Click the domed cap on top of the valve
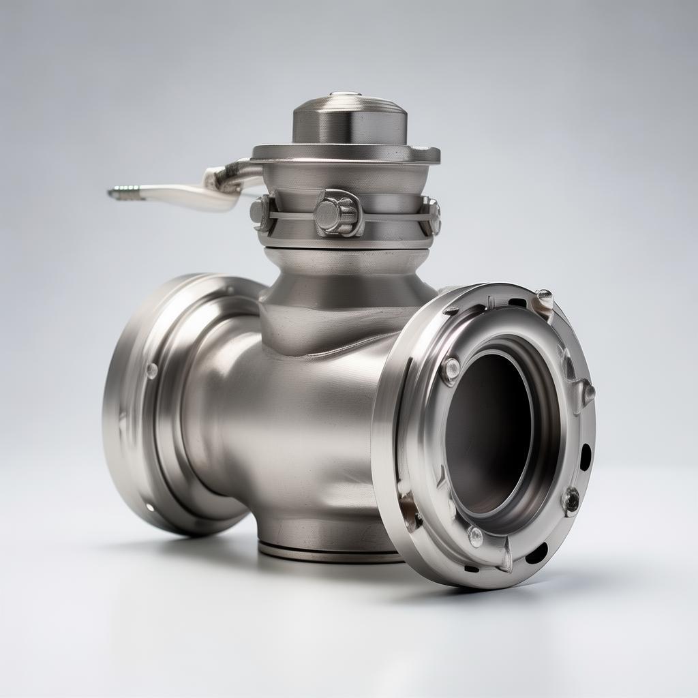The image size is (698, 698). [349, 117]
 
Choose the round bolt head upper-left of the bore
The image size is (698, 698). [450, 368]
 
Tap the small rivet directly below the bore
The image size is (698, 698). [475, 536]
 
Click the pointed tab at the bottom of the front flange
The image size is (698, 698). [505, 559]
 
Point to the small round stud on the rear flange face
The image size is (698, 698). [151, 370]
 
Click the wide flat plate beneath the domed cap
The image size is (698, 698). [346, 153]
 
